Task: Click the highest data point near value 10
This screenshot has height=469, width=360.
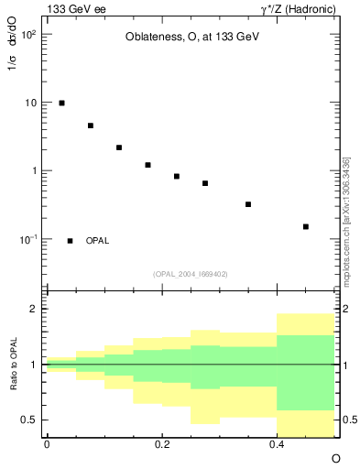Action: pyautogui.click(x=61, y=103)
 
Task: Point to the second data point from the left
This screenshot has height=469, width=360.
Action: pyautogui.click(x=91, y=125)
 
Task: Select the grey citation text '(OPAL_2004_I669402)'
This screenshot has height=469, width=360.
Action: pyautogui.click(x=190, y=273)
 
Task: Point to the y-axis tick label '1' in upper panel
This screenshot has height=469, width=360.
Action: pyautogui.click(x=33, y=171)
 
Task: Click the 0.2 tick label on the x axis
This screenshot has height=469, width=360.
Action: pyautogui.click(x=161, y=444)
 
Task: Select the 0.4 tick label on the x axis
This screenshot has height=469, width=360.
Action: pyautogui.click(x=277, y=444)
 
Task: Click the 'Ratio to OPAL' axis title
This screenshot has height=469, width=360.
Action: pyautogui.click(x=14, y=365)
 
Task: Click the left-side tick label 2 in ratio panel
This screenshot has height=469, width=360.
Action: pyautogui.click(x=33, y=310)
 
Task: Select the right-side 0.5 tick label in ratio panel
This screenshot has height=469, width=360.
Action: pyautogui.click(x=348, y=420)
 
